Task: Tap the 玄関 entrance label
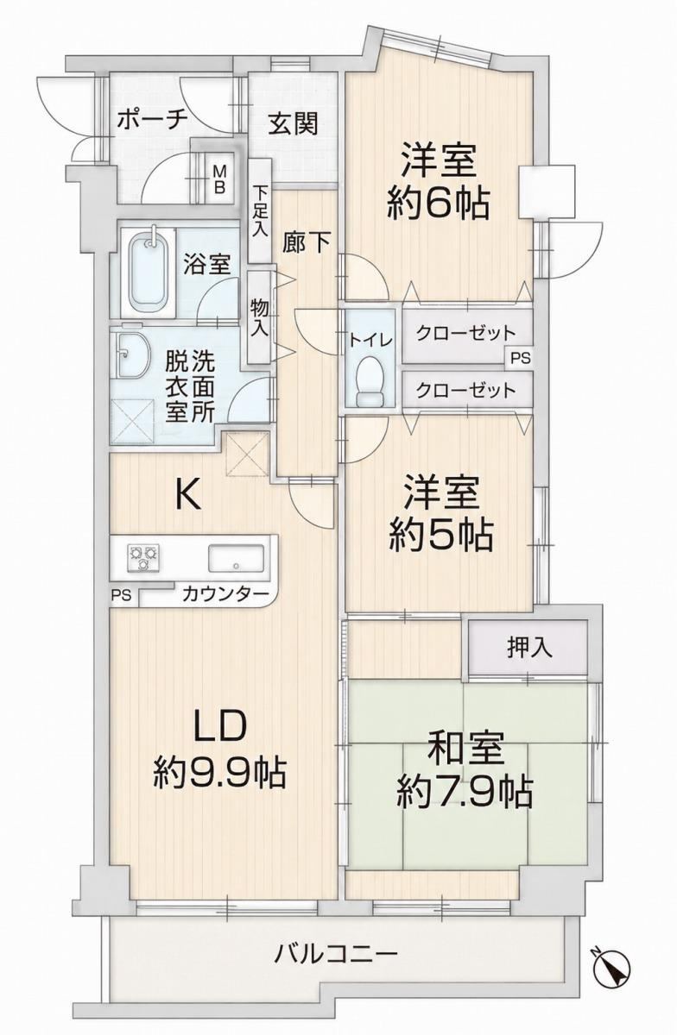coord(294,123)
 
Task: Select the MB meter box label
coord(219,179)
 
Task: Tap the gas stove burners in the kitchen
coord(143,557)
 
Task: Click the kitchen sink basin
coord(236,558)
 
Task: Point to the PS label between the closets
coord(520,359)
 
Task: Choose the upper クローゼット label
coord(465,333)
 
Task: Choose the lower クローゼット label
coord(465,391)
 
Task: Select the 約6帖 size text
coord(438,204)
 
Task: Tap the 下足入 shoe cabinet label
coord(260,211)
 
